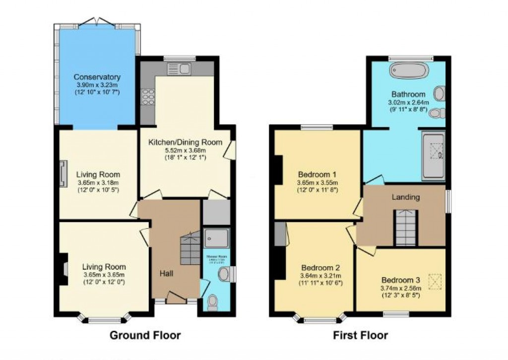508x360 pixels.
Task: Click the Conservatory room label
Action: coord(97,77)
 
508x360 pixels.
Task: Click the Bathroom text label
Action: coord(408,94)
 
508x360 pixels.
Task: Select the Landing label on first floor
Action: coord(406,197)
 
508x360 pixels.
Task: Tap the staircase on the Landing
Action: coord(406,228)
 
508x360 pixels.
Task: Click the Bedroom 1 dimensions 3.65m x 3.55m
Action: coord(317,182)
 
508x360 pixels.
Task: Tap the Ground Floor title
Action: coord(145,335)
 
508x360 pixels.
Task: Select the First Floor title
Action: coord(360,335)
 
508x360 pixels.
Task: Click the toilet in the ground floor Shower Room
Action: coord(214,302)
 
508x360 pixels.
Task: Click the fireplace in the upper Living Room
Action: coord(62,174)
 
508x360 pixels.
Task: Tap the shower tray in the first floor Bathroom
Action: coord(433,155)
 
